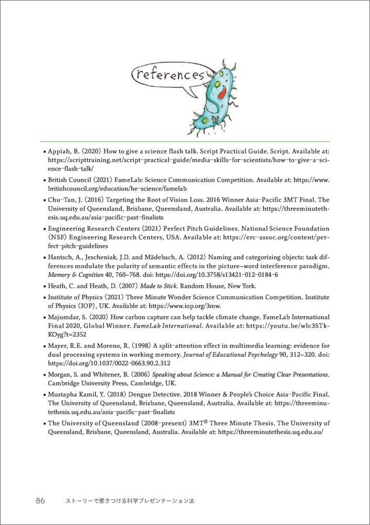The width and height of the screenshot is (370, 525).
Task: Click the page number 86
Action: [40, 501]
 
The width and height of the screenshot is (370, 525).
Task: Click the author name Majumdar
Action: [65, 317]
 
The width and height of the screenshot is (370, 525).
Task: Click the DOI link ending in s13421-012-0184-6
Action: [224, 275]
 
